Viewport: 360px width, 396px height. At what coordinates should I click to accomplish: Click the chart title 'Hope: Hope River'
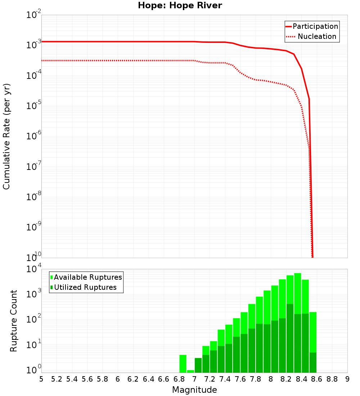(180, 6)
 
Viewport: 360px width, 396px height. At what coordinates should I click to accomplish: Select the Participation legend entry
(315, 26)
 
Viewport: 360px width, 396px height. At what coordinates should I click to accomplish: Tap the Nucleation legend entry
(317, 36)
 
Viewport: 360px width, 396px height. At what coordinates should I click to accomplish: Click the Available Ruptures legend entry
(88, 277)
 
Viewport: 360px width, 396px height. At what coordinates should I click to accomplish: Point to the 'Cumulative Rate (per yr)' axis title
(6, 137)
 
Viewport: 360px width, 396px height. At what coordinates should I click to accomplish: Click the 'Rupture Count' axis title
(14, 321)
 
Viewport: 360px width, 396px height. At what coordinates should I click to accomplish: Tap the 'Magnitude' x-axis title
(194, 390)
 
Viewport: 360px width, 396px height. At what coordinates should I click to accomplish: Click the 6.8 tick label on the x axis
(179, 379)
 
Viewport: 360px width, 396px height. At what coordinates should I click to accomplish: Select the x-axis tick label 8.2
(286, 379)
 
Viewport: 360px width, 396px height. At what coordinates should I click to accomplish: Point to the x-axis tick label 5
(41, 379)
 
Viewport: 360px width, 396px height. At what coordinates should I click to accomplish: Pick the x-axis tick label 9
(347, 379)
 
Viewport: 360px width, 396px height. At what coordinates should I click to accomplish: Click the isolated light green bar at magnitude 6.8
(183, 364)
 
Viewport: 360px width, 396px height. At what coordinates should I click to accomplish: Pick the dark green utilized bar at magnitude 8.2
(290, 338)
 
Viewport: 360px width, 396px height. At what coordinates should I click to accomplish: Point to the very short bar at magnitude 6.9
(190, 372)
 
